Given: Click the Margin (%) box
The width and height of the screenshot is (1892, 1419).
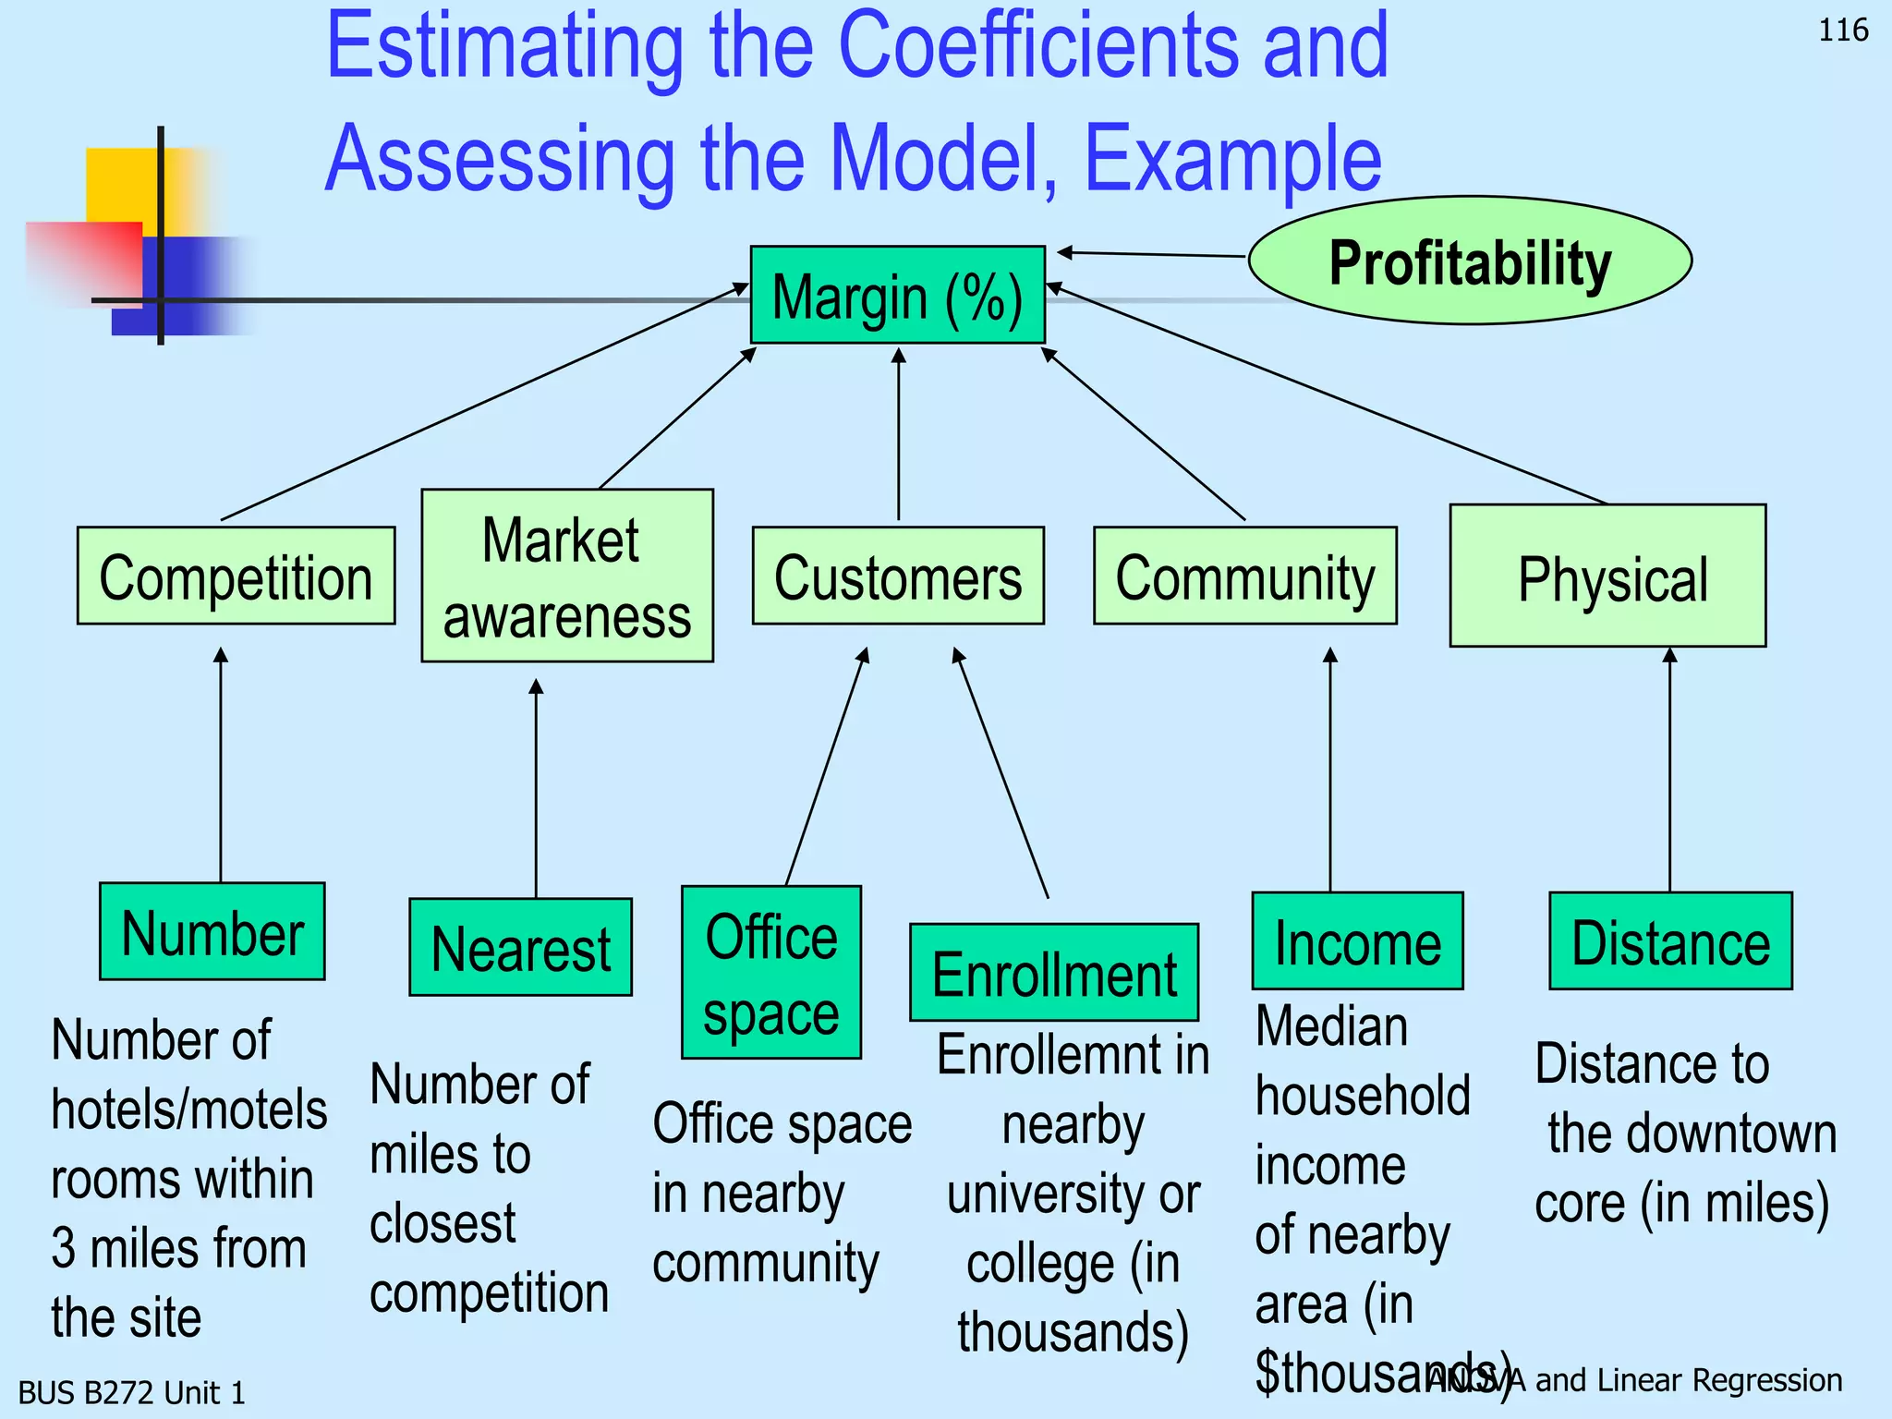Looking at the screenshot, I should [x=897, y=295].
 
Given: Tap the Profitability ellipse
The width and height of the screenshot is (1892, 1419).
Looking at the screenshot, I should [x=1469, y=261].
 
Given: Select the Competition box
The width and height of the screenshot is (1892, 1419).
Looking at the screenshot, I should [x=236, y=576].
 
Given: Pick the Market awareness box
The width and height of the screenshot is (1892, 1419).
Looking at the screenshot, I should [x=566, y=576].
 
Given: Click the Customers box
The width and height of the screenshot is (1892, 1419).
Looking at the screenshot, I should [x=898, y=576].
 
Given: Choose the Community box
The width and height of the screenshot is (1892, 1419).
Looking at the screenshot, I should [x=1244, y=576].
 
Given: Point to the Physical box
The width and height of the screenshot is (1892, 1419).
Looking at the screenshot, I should [x=1607, y=576].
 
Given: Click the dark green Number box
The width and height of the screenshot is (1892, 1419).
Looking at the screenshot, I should [x=212, y=931].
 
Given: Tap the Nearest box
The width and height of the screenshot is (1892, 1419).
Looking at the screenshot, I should [x=520, y=947].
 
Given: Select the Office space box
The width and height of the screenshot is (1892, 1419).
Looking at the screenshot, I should [x=770, y=973].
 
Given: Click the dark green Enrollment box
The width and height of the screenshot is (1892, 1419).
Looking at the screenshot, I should [x=1053, y=973].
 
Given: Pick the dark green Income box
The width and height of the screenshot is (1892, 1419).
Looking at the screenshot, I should [x=1357, y=941].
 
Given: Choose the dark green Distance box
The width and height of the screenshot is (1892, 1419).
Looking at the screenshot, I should [x=1670, y=941].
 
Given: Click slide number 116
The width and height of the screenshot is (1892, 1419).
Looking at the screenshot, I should [x=1843, y=30].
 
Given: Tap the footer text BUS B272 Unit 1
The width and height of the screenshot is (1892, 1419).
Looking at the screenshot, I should [x=132, y=1392].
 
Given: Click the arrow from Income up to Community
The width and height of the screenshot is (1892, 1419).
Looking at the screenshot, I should [x=1330, y=767].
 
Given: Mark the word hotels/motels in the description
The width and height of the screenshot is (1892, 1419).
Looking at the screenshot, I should [x=189, y=1109].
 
